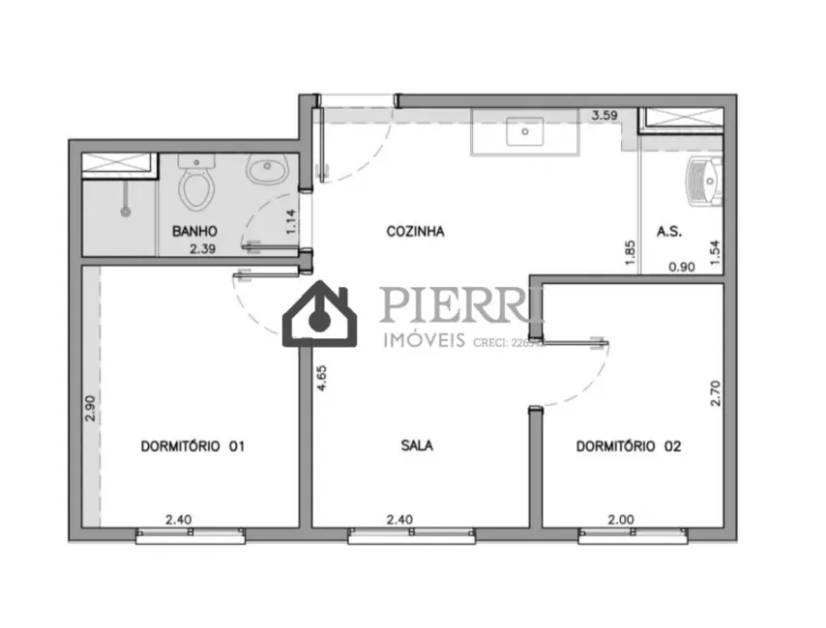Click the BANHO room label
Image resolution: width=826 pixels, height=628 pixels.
(x=194, y=232)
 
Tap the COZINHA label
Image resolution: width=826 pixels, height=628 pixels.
(x=415, y=232)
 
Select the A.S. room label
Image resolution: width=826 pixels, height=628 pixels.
(x=670, y=232)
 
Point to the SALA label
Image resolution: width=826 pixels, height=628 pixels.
(x=417, y=446)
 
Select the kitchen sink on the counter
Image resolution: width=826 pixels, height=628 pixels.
(x=525, y=131)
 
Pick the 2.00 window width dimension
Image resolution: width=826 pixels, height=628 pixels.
(x=620, y=520)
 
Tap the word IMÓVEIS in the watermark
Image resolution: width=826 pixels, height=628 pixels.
(x=426, y=340)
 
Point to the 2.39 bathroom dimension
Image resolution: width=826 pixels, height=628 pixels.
(x=203, y=249)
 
